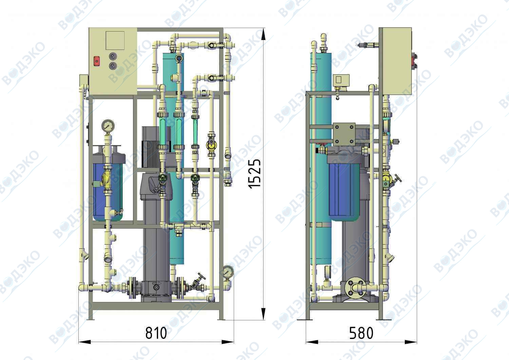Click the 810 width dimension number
click(156, 333)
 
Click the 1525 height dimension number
click(254, 174)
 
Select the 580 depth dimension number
click(361, 333)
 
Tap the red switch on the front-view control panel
click(97, 61)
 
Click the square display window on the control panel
click(115, 40)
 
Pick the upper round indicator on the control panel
click(113, 56)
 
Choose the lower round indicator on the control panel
click(113, 66)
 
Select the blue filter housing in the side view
click(344, 191)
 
